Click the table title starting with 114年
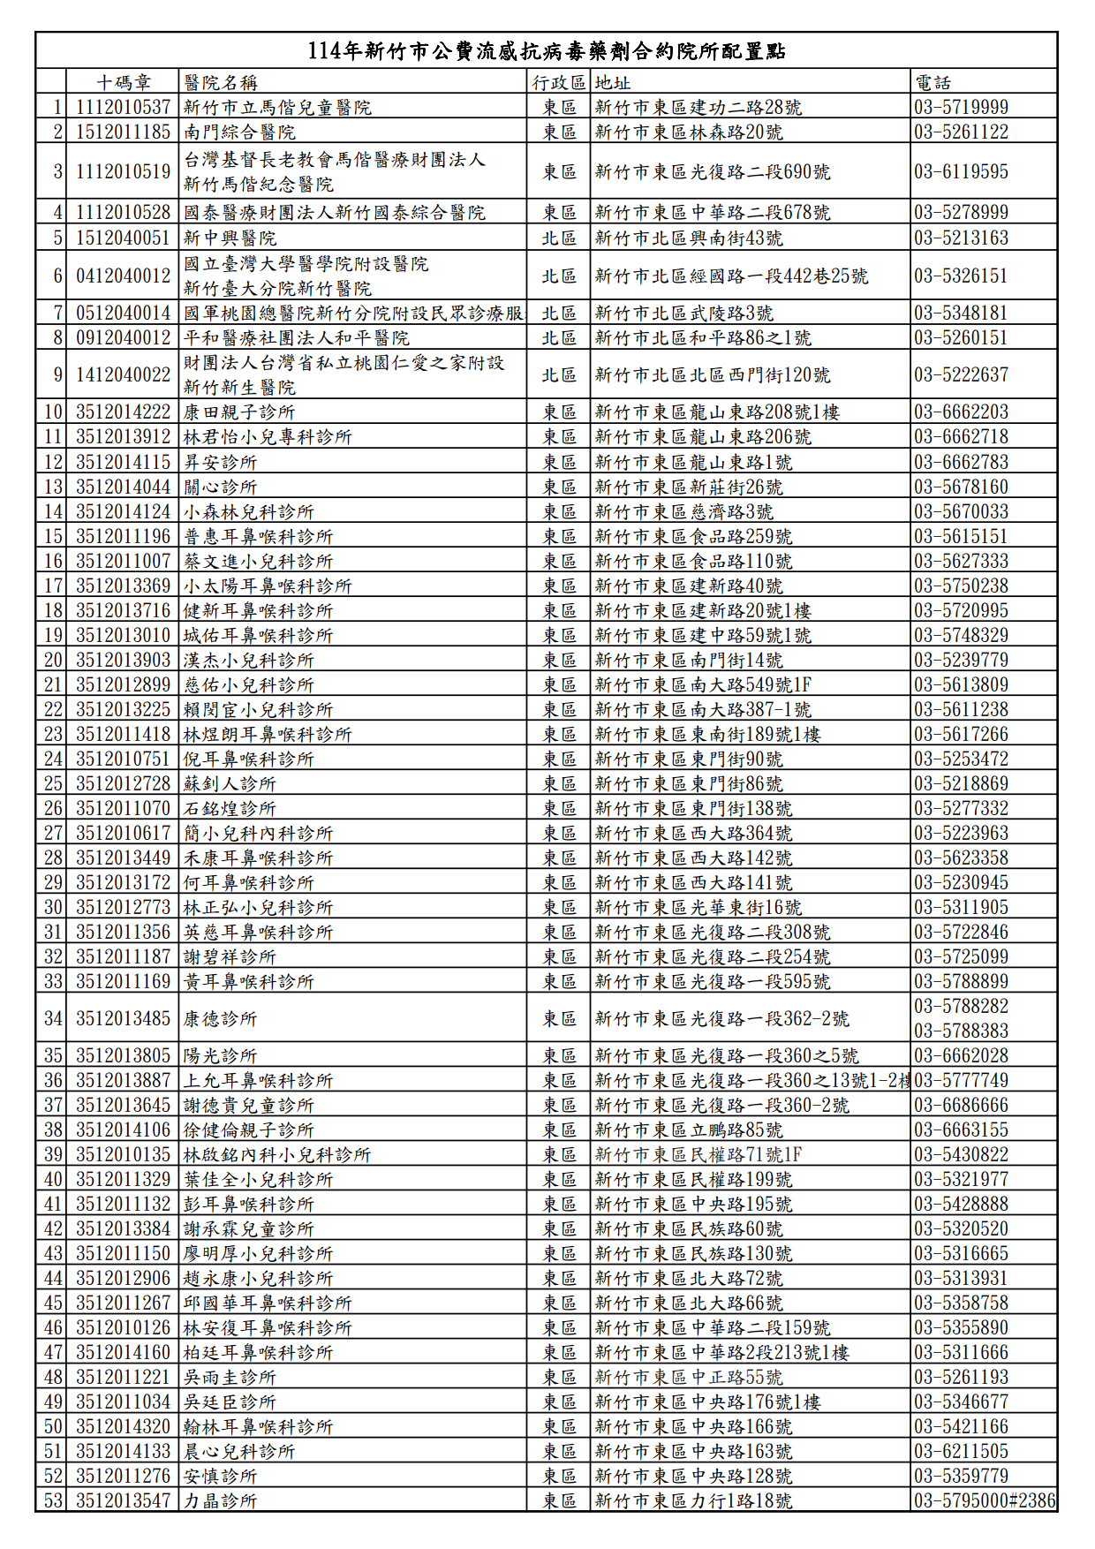pos(547,51)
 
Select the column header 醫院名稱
pos(221,83)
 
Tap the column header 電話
pos(933,83)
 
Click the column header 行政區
pos(559,83)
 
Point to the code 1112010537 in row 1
pos(123,108)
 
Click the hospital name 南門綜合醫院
pos(239,132)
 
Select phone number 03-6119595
pos(961,171)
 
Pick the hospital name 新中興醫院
pos(230,238)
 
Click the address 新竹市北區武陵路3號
pos(683,314)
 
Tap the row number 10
pos(53,412)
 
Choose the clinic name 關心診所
pos(220,487)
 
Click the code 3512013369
pos(123,586)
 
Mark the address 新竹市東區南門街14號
pos(688,660)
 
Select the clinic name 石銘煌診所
pos(230,808)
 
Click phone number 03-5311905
pos(961,907)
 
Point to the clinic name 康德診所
pos(220,1018)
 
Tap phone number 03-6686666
pos(961,1105)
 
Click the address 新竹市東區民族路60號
pos(688,1228)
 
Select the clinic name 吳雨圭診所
pos(230,1377)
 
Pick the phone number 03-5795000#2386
pos(985,1500)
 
